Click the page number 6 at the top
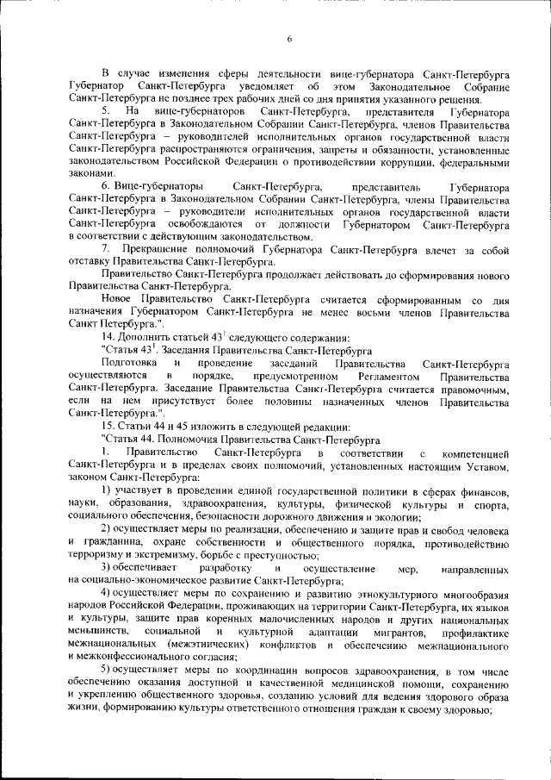(289, 38)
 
